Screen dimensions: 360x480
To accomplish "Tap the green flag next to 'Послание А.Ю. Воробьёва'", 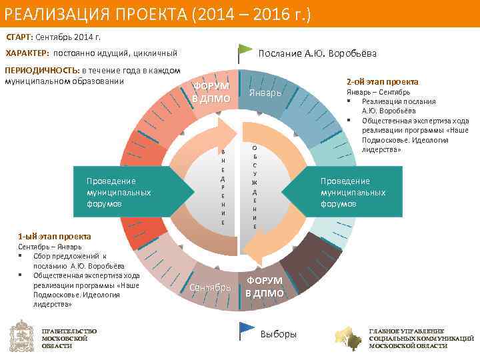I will (x=245, y=51).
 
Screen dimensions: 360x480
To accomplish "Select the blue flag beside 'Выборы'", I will (x=247, y=329).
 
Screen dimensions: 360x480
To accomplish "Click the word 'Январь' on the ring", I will (x=265, y=93).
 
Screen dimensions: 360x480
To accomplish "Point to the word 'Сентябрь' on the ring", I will (x=210, y=287).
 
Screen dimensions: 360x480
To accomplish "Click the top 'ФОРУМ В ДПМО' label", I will (x=211, y=93).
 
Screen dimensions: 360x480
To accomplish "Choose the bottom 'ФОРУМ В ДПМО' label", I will (x=264, y=287).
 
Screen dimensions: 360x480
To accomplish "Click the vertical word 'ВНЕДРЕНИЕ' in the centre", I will (x=223, y=186).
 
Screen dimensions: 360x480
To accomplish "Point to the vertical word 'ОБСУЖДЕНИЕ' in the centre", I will (x=255, y=187).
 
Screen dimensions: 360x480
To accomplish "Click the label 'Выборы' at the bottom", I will (x=279, y=334).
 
